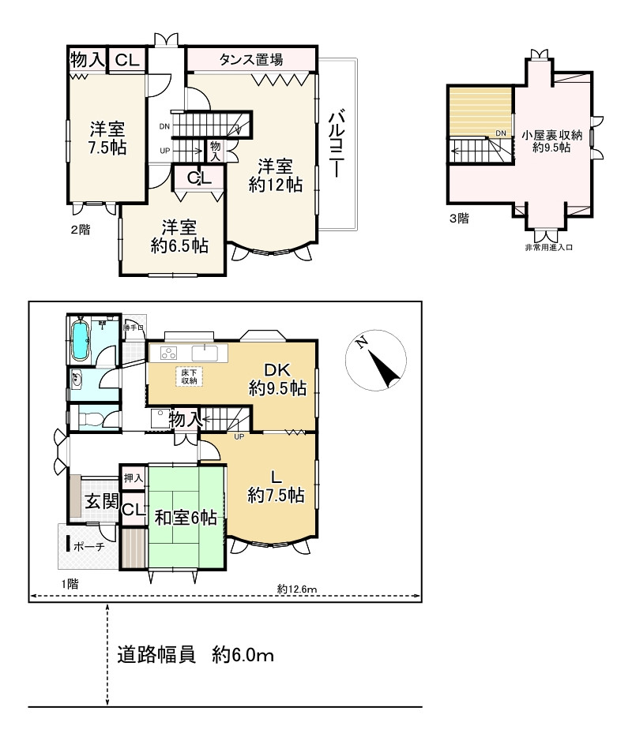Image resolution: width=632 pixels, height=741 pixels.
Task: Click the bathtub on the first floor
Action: click(80, 339)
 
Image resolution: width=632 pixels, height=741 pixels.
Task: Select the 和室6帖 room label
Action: click(186, 518)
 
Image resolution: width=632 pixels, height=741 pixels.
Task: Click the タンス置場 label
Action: click(251, 59)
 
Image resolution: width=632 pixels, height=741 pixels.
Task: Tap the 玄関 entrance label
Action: click(101, 502)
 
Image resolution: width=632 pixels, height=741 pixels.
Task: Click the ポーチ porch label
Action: click(90, 546)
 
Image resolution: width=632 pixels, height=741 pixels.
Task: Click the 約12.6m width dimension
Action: click(297, 588)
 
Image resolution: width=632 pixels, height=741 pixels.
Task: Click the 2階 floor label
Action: click(81, 230)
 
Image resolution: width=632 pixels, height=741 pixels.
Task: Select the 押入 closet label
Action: click(133, 478)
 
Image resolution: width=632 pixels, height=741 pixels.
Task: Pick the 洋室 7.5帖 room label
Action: click(107, 137)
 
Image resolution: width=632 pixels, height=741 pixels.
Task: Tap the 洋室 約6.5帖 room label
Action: click(179, 236)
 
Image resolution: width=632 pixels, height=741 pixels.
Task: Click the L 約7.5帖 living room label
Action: click(276, 486)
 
